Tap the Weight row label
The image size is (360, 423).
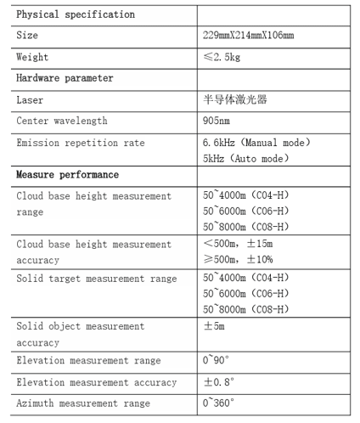pyautogui.click(x=32, y=57)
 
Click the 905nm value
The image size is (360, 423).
pyautogui.click(x=217, y=121)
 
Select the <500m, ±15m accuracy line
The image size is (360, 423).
pyautogui.click(x=239, y=245)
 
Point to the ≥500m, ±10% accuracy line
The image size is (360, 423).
pyautogui.click(x=239, y=260)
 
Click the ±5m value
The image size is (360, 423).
pyautogui.click(x=214, y=326)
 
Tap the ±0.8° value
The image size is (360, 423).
pyautogui.click(x=218, y=382)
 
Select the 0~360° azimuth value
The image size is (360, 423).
pyautogui.click(x=218, y=403)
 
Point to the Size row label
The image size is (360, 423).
pyautogui.click(x=27, y=36)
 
